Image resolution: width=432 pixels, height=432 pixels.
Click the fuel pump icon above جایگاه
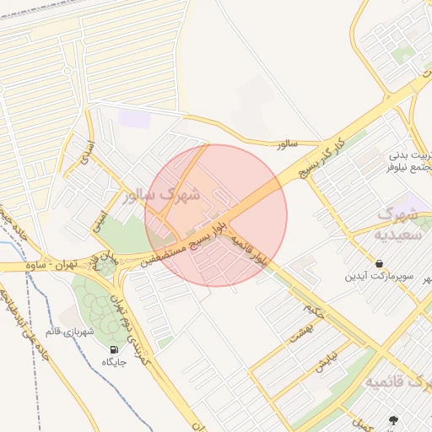pos(114,348)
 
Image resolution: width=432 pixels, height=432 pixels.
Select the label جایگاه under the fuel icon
pos(114,362)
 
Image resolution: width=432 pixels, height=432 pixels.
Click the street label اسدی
pos(85,151)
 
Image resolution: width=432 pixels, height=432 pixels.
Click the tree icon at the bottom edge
pos(392,420)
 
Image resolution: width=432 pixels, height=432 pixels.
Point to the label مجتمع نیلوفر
pos(408,167)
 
